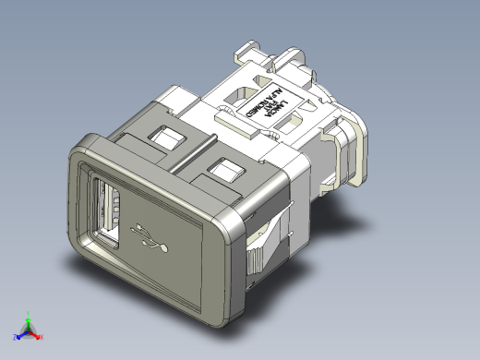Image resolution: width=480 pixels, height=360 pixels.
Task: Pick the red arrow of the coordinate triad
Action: coord(34,330)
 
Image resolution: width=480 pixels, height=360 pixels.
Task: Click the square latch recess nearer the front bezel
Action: coord(167,138)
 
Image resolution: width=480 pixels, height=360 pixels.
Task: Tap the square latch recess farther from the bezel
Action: coord(224,170)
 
